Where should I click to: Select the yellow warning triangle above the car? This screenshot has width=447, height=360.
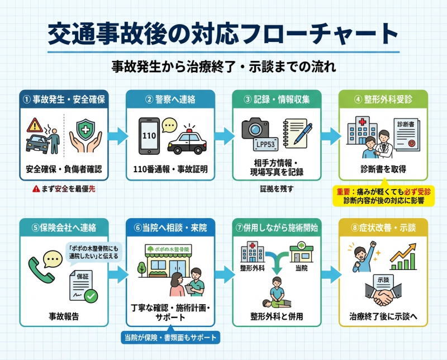pos(35,124)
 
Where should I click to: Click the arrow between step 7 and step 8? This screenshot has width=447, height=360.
pos(331,274)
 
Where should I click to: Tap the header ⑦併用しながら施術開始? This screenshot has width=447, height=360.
pos(277,228)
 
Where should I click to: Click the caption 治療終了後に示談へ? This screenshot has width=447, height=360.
pos(383,316)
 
